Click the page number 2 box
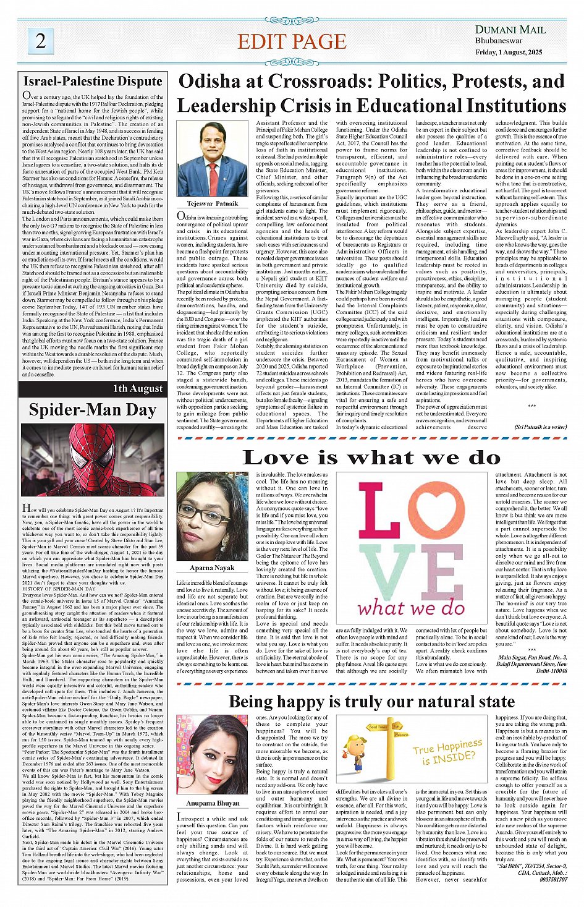coord(40,41)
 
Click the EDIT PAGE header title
coord(292,41)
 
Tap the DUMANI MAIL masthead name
coord(510,30)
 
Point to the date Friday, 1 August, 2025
coord(509,52)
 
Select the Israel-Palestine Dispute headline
coord(93,81)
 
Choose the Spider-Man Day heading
coord(93,410)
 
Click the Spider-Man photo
coord(93,460)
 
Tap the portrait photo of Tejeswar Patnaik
coord(212,159)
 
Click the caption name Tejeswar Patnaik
coord(212,203)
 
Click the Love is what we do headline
coord(371,458)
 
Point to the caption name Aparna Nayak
coord(212,568)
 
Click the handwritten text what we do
coord(410,608)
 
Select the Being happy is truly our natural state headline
coord(371,702)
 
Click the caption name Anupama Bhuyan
coord(213,803)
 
